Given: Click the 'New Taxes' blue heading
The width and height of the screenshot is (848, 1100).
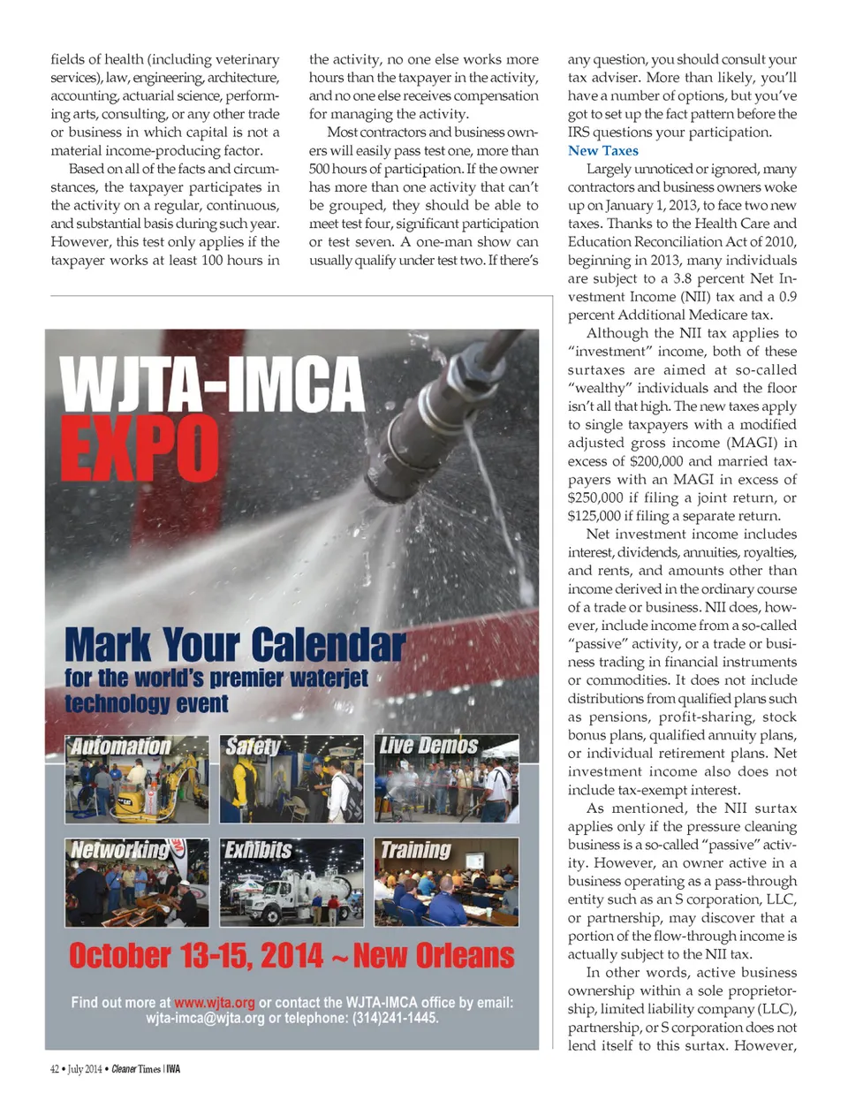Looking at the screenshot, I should point(602,151).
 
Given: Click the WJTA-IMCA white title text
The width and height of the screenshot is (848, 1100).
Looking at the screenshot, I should point(211,384).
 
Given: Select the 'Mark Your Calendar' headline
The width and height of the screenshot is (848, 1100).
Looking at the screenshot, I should point(235,645).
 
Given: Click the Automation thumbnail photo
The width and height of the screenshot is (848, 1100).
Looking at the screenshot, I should point(137,779).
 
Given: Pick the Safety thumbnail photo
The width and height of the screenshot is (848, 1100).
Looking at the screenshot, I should point(291,779).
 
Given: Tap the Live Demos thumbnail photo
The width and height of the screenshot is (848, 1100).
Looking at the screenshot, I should point(446,779).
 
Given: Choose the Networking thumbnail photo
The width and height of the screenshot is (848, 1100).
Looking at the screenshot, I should point(137,883).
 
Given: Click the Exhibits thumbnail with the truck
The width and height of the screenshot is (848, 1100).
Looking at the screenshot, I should point(291,883).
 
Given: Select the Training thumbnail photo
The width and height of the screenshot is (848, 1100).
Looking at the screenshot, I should point(446,883).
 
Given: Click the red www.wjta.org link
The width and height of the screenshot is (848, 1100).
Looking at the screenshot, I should point(215,1003).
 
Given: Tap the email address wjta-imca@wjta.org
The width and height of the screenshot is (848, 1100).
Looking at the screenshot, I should point(205,1019).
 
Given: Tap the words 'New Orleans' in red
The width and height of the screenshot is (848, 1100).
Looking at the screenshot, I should point(434,956).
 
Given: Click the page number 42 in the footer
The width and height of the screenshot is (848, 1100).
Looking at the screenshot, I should point(55,1069).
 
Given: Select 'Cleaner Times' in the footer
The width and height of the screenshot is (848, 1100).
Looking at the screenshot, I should point(136,1069).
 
